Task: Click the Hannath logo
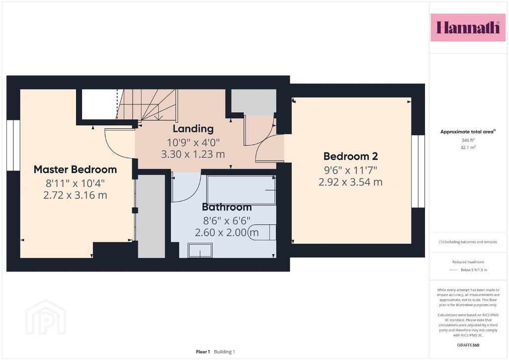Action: click(x=468, y=27)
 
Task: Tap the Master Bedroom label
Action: click(x=76, y=170)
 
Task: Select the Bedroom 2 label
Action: click(x=350, y=156)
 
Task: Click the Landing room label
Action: click(x=193, y=129)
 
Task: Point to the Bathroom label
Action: click(x=227, y=207)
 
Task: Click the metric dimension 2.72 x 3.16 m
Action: click(x=76, y=195)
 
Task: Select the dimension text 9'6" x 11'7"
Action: click(x=350, y=170)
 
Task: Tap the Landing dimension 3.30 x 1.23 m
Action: click(x=193, y=154)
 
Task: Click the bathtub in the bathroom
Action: click(x=241, y=190)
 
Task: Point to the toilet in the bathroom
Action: click(x=262, y=232)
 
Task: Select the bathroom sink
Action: click(x=200, y=250)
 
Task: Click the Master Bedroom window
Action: click(x=13, y=145)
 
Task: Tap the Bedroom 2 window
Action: click(x=418, y=171)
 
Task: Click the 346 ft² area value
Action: click(x=468, y=140)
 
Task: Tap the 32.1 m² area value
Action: click(x=468, y=147)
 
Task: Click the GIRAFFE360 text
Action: click(x=468, y=345)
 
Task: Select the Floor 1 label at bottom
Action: click(x=203, y=352)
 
